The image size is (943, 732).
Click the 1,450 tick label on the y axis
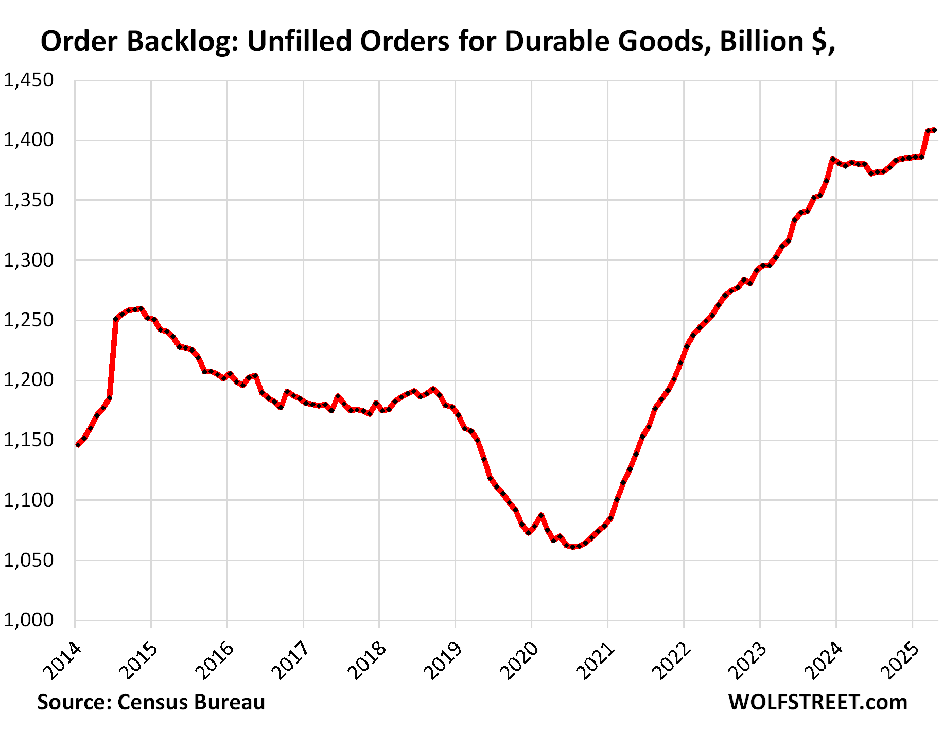[29, 80]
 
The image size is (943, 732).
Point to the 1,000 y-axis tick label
[29, 620]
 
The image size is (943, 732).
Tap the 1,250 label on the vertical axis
[29, 320]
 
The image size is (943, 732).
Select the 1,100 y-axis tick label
[29, 500]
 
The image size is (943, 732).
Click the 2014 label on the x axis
[61, 660]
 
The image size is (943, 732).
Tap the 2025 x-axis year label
[899, 660]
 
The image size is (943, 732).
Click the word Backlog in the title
[184, 41]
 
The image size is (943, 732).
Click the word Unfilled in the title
[299, 41]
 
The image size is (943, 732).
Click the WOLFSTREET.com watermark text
[817, 702]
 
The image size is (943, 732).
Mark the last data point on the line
[934, 130]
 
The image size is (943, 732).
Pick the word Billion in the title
[762, 41]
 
